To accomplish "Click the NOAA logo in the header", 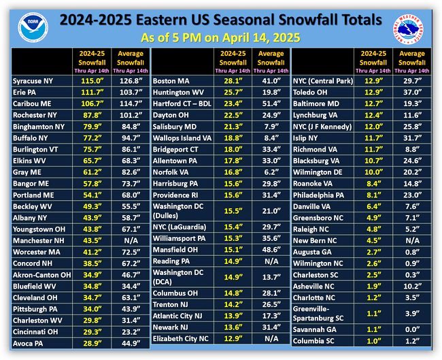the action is (33, 27).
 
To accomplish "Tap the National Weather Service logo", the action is (408, 29).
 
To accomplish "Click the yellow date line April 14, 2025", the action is (220, 37).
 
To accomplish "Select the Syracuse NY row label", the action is (33, 81).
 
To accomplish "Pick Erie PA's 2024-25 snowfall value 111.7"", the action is (92, 93).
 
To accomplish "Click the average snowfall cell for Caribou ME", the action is (131, 104).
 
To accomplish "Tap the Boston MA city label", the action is (171, 81).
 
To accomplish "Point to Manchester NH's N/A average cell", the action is (131, 241).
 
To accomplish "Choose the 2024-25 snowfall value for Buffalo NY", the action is (92, 138).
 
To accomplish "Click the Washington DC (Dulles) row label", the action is (178, 211).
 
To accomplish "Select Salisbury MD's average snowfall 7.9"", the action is (271, 127).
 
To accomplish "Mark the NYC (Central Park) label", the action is (323, 81).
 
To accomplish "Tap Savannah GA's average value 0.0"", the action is (412, 329).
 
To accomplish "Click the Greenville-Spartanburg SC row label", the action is (318, 314).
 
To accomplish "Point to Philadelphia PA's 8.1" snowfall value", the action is (374, 195).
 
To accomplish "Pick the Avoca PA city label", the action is (28, 344).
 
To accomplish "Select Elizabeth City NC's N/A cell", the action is (271, 338).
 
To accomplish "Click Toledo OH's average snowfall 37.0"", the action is (412, 93).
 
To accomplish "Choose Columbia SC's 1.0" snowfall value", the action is (374, 341).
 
